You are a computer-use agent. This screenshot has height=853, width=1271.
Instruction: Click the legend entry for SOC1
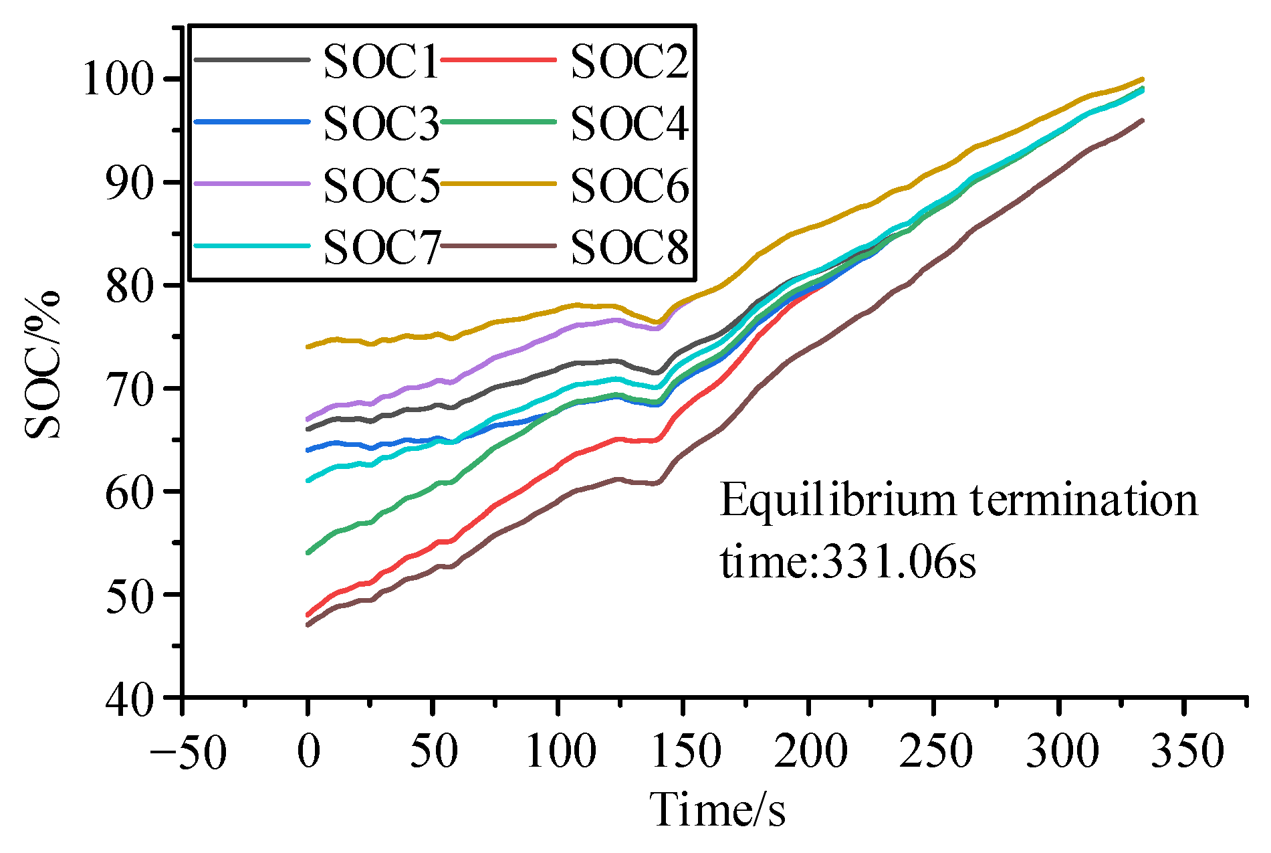click(x=380, y=62)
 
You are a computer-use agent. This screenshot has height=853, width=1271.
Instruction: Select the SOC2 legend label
click(x=628, y=62)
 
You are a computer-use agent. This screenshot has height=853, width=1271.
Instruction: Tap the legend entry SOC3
click(x=380, y=124)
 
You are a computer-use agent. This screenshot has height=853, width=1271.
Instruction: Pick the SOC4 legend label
click(x=628, y=124)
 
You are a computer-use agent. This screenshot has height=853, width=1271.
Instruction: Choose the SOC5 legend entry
click(x=380, y=185)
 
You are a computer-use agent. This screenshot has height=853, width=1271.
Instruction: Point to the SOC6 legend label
click(x=628, y=185)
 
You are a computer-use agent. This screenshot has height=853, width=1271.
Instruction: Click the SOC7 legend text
click(x=380, y=247)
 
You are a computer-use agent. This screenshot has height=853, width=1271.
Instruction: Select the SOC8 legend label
click(x=628, y=247)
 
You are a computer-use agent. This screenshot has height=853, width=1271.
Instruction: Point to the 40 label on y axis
click(x=136, y=698)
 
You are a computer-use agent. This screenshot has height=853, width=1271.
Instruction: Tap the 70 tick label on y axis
click(x=136, y=389)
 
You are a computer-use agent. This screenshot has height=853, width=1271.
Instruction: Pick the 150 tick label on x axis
click(x=685, y=751)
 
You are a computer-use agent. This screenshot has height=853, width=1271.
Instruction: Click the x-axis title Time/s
click(x=717, y=810)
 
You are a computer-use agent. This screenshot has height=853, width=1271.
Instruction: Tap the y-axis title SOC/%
click(x=43, y=365)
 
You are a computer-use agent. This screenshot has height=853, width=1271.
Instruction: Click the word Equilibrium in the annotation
click(x=838, y=501)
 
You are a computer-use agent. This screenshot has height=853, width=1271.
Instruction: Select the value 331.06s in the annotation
click(x=897, y=561)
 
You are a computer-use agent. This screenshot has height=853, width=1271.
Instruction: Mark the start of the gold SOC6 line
click(x=308, y=347)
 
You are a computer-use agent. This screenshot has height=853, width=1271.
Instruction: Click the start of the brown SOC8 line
click(x=308, y=625)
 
